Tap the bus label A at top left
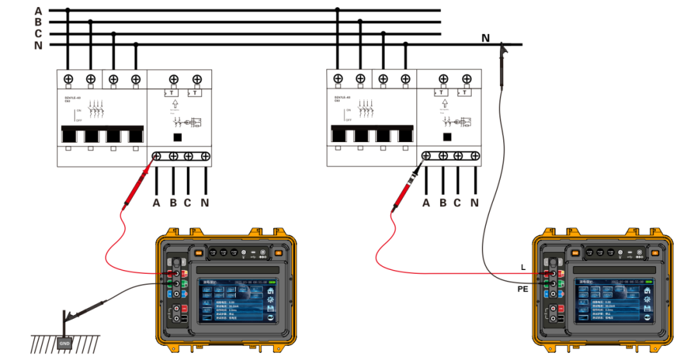[38, 10]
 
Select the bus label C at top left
[38, 33]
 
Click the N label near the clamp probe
[486, 39]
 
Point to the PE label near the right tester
[523, 290]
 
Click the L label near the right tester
[524, 266]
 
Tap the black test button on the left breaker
[178, 136]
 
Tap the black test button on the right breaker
[448, 136]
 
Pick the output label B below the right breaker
[443, 203]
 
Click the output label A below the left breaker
[157, 203]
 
